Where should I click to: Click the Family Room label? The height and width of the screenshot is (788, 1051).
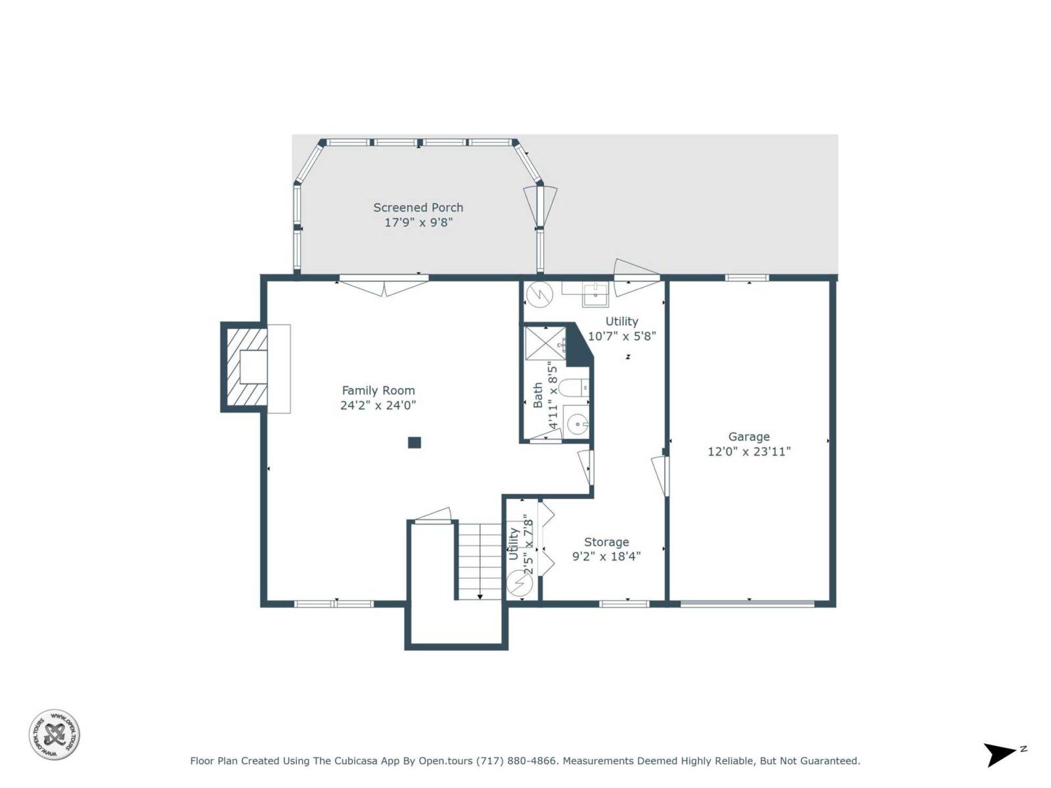(378, 391)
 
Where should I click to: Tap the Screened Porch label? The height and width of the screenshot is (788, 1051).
(418, 208)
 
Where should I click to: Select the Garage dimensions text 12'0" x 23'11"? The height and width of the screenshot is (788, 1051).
(749, 451)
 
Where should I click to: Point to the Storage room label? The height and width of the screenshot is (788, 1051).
(606, 542)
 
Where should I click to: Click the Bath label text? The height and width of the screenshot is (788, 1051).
(538, 395)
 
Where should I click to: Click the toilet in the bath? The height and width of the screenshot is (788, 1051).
(573, 387)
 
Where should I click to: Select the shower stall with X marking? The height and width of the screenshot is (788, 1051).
(545, 343)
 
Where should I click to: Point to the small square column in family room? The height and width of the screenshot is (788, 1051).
(414, 443)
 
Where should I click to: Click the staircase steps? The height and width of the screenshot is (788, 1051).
(480, 561)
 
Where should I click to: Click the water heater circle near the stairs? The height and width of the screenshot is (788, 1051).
(520, 583)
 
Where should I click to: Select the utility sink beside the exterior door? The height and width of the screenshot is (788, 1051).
(595, 294)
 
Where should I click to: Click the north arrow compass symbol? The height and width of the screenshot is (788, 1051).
(1003, 754)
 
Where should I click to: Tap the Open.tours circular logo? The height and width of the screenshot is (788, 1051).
(54, 734)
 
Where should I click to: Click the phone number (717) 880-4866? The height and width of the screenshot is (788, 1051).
(517, 760)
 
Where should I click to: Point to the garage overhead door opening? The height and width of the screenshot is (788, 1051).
(748, 603)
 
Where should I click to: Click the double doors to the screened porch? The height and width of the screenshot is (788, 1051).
(384, 285)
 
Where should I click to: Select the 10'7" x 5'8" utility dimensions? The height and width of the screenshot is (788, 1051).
(621, 336)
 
